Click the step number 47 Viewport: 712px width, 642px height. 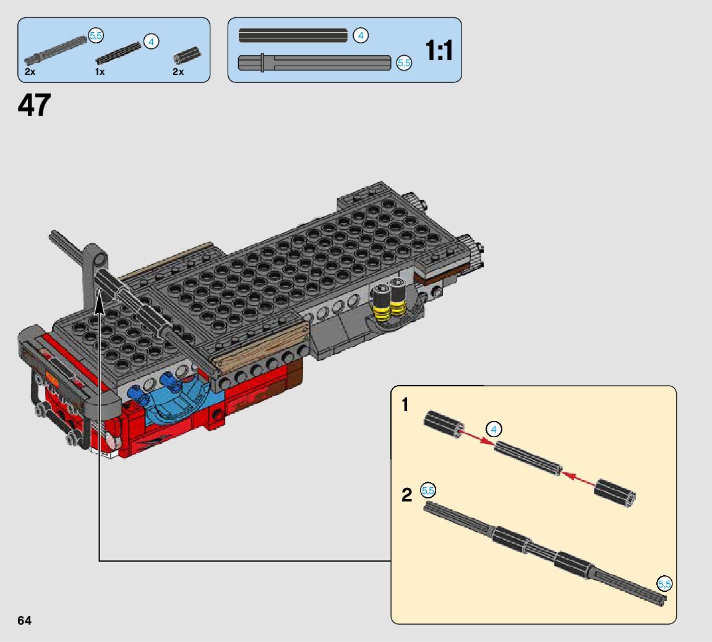pos(34,105)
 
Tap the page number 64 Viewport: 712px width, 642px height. pos(24,620)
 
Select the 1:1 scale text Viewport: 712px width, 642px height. pos(439,50)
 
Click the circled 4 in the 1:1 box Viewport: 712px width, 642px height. pos(361,35)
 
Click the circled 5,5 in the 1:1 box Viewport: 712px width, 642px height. pos(404,63)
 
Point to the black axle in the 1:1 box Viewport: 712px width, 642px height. pos(293,35)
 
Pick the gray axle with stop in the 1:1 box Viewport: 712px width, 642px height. pos(314,63)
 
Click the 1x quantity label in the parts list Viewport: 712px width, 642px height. pos(100,72)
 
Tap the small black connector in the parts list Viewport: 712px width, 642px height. pos(187,56)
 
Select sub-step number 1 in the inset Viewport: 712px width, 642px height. pos(405,404)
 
